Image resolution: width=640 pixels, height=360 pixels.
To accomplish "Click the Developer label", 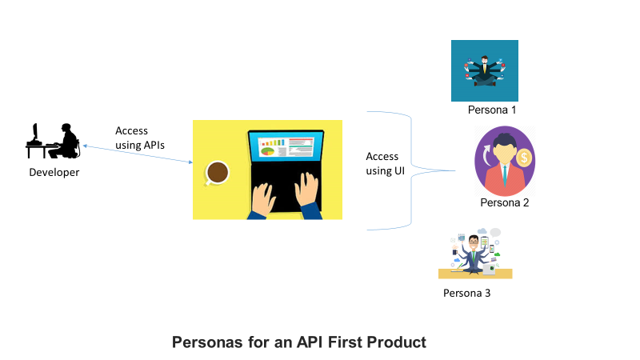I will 54,172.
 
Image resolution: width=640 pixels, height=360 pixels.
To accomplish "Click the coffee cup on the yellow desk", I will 217,172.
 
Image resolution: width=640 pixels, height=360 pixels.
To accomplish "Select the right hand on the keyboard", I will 308,192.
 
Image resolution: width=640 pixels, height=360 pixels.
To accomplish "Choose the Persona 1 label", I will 492,110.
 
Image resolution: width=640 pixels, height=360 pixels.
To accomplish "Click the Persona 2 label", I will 505,203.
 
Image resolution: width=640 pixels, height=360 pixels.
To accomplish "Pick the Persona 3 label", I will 466,293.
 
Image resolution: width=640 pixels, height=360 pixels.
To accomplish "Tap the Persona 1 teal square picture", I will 484,71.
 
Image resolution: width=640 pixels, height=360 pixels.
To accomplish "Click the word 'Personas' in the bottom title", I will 206,342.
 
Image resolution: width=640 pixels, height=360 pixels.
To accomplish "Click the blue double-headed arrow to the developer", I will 137,154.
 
